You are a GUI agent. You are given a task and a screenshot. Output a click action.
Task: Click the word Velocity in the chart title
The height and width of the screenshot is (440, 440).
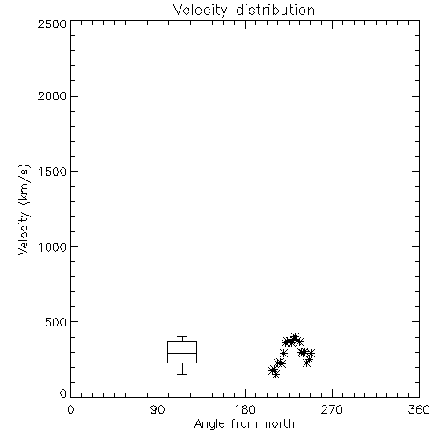[200, 11]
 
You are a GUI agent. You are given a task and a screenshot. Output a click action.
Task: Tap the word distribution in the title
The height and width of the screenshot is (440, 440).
[275, 10]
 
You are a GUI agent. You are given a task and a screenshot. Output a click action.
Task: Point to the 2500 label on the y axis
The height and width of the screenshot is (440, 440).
[53, 24]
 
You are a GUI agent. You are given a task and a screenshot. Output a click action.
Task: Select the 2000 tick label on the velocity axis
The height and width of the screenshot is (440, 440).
[53, 96]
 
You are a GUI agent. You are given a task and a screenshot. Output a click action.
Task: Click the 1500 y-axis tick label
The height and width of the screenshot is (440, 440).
[53, 172]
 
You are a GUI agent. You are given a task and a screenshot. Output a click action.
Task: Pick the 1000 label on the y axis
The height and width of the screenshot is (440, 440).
[53, 246]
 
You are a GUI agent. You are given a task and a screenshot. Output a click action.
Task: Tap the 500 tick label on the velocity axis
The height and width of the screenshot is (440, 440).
[56, 322]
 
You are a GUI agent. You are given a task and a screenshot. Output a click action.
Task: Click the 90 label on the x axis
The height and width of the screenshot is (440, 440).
[158, 409]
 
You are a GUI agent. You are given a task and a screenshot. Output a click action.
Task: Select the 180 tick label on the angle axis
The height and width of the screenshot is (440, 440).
[245, 409]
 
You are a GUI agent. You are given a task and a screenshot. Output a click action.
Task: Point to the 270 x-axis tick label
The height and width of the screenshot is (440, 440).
[332, 409]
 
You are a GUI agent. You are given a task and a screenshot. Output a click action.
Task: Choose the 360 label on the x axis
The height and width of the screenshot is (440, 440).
[419, 409]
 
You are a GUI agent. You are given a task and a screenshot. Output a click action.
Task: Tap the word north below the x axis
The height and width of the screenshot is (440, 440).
[280, 424]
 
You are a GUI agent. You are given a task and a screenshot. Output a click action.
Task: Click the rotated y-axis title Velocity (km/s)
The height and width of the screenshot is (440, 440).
[24, 209]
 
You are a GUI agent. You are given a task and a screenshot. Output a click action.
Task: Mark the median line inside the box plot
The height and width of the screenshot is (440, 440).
[182, 353]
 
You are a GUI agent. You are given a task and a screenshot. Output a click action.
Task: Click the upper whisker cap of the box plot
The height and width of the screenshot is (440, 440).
[182, 337]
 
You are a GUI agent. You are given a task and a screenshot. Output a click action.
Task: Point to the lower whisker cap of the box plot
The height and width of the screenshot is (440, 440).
[182, 374]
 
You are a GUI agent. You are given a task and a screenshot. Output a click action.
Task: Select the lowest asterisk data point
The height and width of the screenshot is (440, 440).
[275, 374]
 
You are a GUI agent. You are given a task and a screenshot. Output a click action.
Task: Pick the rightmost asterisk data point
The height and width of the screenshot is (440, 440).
[311, 354]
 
